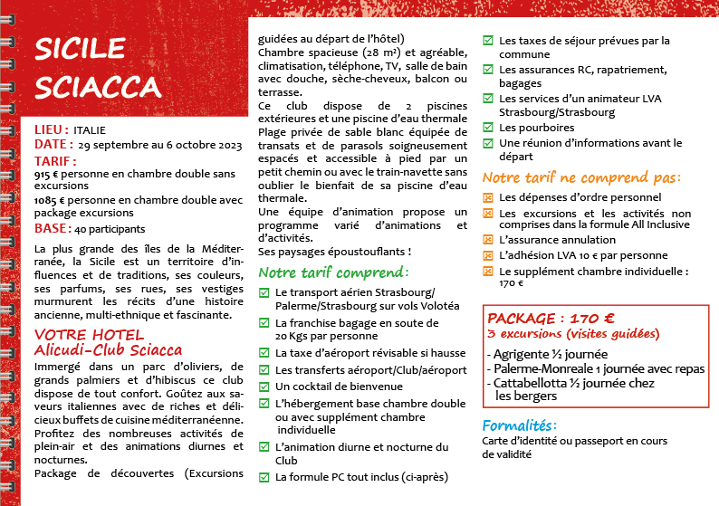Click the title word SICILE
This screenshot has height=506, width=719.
click(x=79, y=51)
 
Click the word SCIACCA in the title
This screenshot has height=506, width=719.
click(x=98, y=86)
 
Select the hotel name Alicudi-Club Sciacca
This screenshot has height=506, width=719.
click(x=108, y=349)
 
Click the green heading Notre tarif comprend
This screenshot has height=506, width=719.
click(x=333, y=272)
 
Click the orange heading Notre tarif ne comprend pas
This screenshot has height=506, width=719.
click(x=580, y=177)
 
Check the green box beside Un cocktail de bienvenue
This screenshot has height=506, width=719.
click(x=264, y=387)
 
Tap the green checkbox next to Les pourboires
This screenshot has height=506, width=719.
click(x=488, y=129)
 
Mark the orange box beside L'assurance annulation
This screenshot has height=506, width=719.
click(x=488, y=241)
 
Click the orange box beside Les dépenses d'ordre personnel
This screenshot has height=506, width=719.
click(x=488, y=197)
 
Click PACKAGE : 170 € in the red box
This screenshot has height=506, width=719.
click(x=551, y=319)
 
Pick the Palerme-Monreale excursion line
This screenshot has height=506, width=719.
click(x=596, y=368)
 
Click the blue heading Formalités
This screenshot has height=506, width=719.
click(x=520, y=425)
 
